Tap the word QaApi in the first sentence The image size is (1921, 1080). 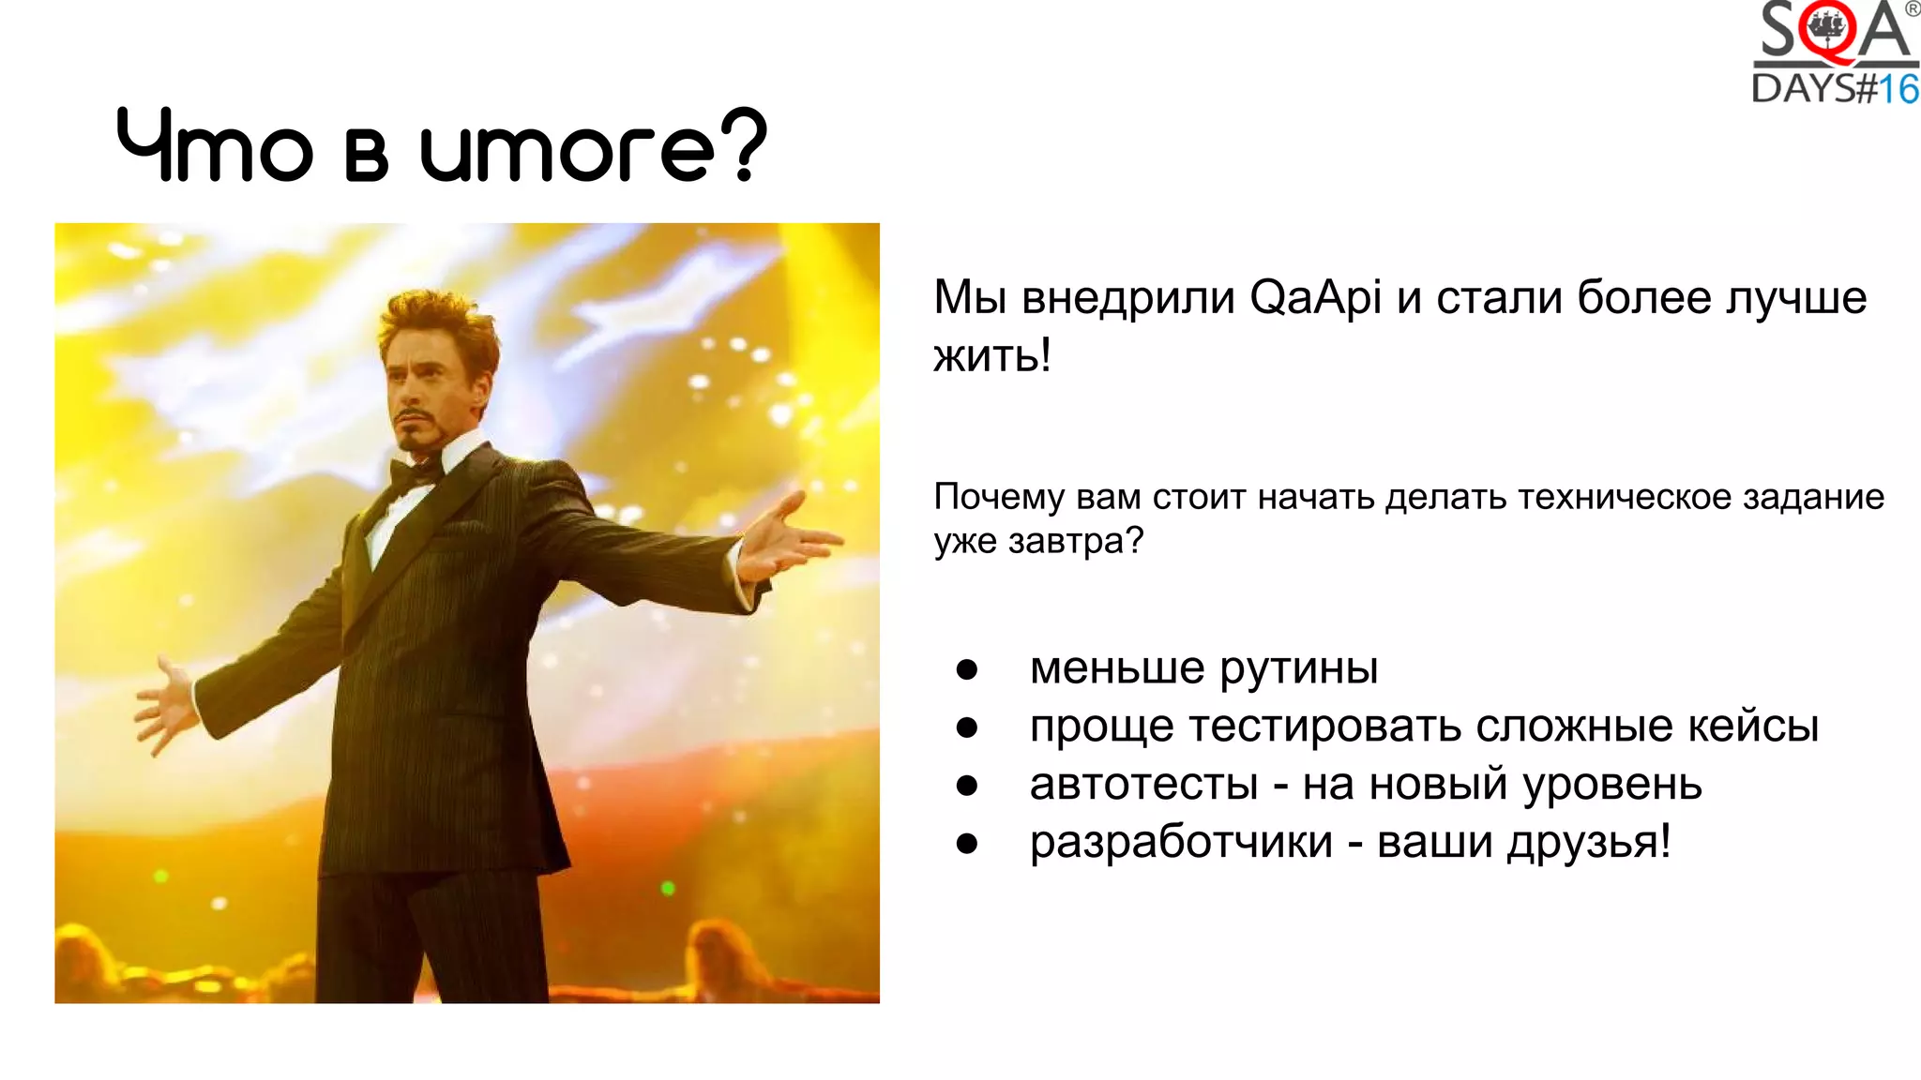point(1315,298)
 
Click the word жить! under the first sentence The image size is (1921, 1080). point(992,355)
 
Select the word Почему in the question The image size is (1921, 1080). point(999,497)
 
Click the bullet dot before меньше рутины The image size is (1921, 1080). point(967,669)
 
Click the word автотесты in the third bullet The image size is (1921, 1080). point(1143,785)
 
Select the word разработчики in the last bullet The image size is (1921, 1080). point(1181,842)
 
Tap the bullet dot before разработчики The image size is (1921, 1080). point(967,844)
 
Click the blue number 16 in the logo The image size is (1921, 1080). point(1898,90)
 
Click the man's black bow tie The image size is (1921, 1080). point(416,473)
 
